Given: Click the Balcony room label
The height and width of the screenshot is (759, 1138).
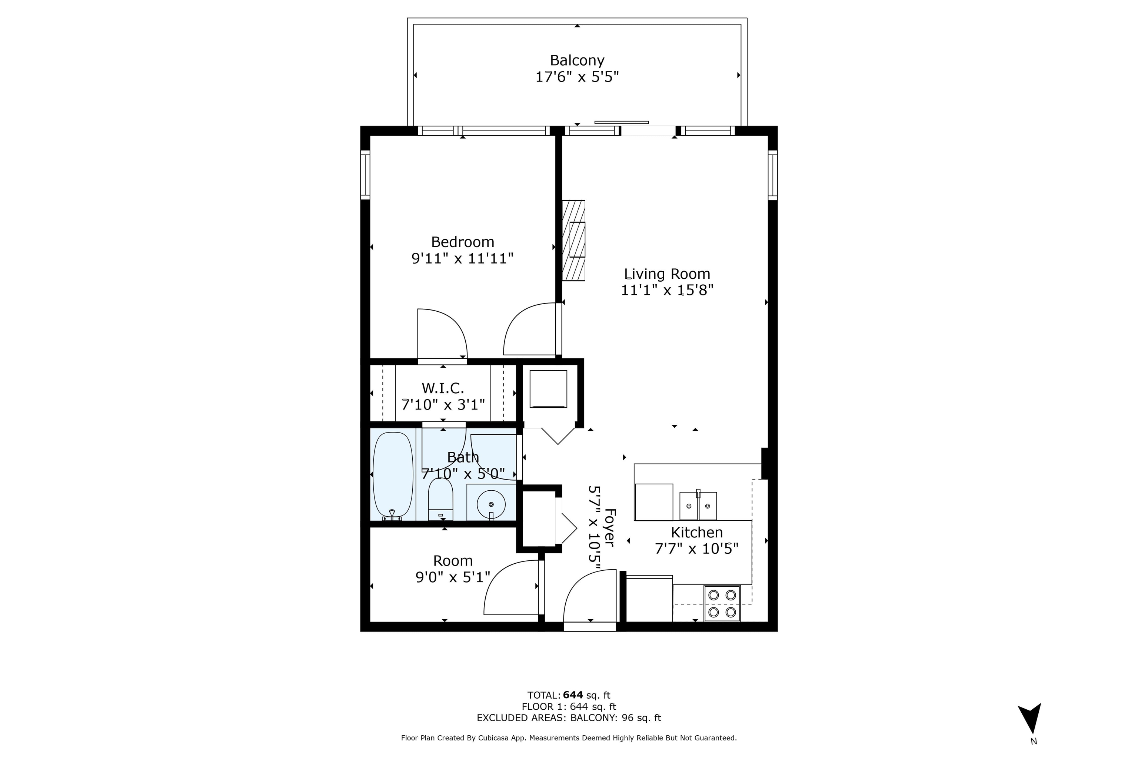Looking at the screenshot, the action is [x=577, y=60].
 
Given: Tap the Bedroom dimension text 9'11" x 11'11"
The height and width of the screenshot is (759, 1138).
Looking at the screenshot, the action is [x=462, y=258].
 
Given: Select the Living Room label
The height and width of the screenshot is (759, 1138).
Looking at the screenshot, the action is [x=667, y=274].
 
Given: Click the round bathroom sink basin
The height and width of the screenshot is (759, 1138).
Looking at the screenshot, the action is [x=491, y=504].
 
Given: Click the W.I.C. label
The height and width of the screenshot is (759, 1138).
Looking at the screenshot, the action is [x=443, y=388].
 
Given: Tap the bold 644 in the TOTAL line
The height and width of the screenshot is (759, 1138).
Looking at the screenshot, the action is [x=573, y=696].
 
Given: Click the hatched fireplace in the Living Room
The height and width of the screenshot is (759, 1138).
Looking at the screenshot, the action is [x=573, y=241].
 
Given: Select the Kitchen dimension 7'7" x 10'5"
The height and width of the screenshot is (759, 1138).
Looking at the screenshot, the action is [x=696, y=549].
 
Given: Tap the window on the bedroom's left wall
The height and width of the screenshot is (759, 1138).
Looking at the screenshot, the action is [x=365, y=175].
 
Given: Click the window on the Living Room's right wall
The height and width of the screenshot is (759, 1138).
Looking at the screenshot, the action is [x=773, y=175].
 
